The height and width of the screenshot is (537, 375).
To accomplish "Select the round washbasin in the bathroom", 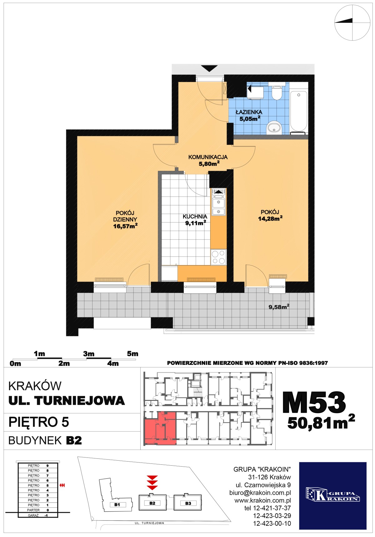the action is click(x=274, y=128).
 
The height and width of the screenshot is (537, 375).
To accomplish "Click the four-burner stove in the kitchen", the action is click(x=218, y=257).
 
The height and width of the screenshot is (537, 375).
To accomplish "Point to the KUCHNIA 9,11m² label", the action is click(x=195, y=219).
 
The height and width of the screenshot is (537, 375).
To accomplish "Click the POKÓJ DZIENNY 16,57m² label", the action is click(x=125, y=219).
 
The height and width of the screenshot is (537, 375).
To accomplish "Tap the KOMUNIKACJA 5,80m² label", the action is click(x=208, y=160).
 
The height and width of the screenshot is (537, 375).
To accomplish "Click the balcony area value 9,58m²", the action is click(x=279, y=307).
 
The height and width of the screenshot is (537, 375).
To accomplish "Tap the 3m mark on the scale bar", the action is click(x=89, y=354).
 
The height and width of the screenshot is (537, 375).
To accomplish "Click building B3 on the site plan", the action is click(x=188, y=503).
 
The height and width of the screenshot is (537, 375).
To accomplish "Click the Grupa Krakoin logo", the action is click(x=332, y=496).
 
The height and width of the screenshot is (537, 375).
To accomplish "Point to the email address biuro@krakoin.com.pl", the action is click(x=260, y=493).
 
